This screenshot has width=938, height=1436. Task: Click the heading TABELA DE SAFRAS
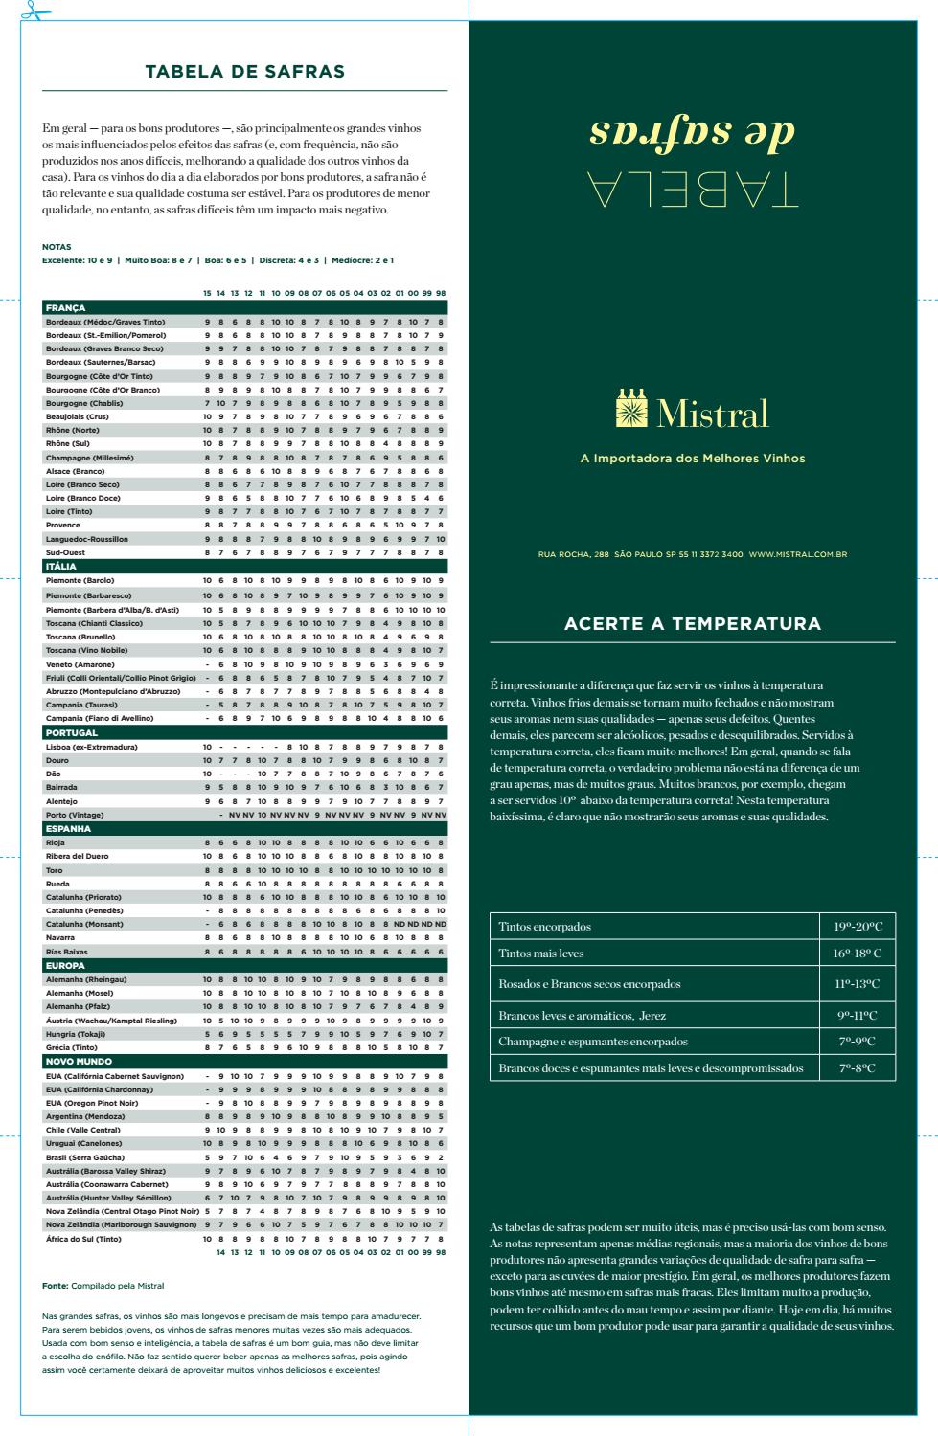(244, 72)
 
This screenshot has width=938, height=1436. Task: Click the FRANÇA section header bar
(244, 308)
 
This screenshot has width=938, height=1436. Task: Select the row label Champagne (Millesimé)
(91, 458)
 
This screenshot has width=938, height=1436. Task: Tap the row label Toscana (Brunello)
(80, 637)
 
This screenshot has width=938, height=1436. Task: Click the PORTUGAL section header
(244, 733)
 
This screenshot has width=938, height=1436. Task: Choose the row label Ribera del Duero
(78, 856)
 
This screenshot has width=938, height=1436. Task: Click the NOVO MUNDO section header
(244, 1062)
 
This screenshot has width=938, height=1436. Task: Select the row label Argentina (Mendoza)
(84, 1116)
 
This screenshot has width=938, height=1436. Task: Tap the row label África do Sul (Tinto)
(84, 1239)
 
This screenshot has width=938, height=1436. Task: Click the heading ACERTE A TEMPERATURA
(693, 624)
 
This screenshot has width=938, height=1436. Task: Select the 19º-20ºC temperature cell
(858, 927)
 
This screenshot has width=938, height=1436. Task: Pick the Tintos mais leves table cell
(541, 954)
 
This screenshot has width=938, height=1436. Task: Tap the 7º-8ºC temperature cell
(858, 1068)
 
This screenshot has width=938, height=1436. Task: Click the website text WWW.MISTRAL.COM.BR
(797, 554)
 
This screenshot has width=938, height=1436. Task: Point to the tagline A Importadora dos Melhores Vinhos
(693, 459)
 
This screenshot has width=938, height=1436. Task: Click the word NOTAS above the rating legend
(57, 247)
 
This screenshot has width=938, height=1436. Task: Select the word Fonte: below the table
(55, 1285)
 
